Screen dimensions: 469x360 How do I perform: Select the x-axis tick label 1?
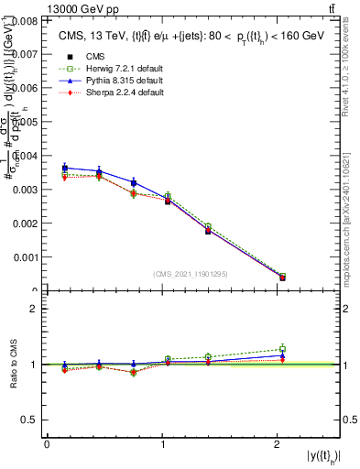(162, 445)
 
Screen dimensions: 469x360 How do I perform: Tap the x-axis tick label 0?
(47, 445)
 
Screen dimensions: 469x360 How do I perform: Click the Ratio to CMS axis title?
(14, 365)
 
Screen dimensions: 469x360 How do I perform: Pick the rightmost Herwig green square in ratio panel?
(282, 348)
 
